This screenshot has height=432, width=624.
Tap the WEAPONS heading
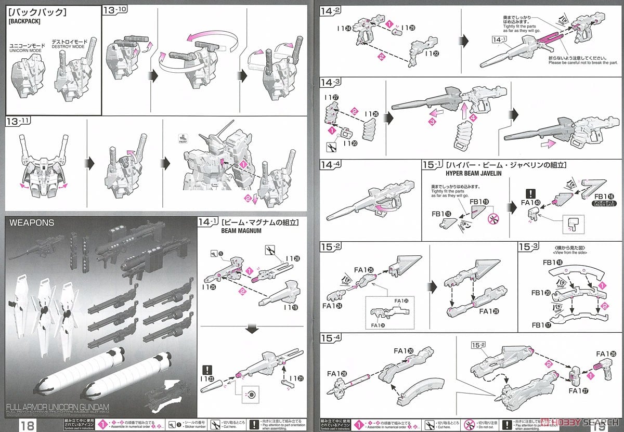coord(32,222)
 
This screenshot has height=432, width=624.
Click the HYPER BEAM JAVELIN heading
coord(474,173)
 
